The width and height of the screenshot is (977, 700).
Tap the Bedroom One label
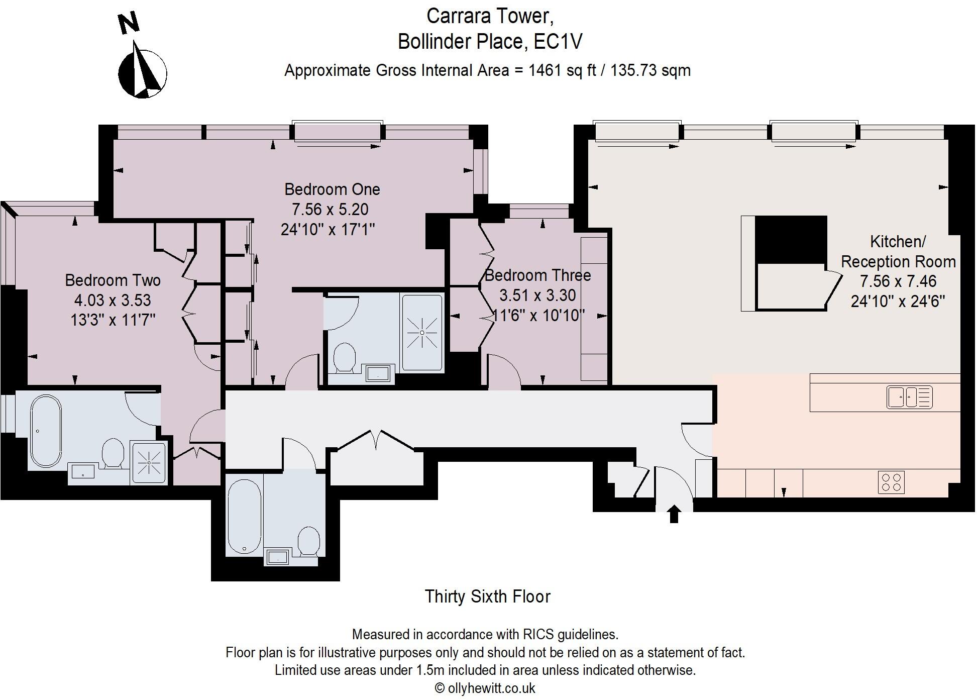(x=332, y=189)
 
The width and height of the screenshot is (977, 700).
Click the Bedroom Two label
(x=113, y=280)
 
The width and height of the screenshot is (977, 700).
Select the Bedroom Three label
(x=537, y=275)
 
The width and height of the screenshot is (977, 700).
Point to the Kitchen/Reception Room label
(x=898, y=252)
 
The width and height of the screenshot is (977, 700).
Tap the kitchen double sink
(x=909, y=397)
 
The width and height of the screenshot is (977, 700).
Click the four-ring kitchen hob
(x=891, y=482)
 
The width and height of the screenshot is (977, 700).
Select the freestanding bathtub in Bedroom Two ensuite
(x=46, y=431)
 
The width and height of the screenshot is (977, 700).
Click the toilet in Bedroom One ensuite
(x=345, y=357)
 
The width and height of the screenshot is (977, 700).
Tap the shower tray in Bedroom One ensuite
(x=422, y=333)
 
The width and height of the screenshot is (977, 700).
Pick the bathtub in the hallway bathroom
(x=245, y=515)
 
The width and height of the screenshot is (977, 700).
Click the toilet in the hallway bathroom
(x=308, y=541)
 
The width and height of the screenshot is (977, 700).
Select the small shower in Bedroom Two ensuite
(x=149, y=462)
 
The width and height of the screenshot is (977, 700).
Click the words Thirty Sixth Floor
(x=488, y=596)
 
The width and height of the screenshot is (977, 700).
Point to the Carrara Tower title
(x=490, y=16)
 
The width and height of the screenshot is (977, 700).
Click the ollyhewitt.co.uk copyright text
(x=485, y=688)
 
